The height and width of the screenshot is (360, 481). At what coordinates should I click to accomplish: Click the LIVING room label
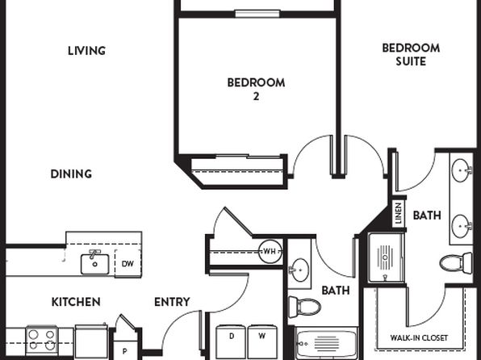(x=87, y=51)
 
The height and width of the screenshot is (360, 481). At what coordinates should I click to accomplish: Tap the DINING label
(x=71, y=174)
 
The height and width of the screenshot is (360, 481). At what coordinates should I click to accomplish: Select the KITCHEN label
(x=76, y=302)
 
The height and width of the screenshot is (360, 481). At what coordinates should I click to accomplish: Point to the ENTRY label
(x=172, y=302)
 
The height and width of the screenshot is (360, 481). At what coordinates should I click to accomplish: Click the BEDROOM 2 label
(x=256, y=90)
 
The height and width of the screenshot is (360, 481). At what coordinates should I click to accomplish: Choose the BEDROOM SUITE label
(x=411, y=55)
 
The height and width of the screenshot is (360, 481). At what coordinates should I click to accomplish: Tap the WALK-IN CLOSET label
(x=419, y=338)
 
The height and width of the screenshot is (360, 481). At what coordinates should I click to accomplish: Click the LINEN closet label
(x=399, y=213)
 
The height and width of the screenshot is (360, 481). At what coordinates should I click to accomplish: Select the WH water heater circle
(x=270, y=252)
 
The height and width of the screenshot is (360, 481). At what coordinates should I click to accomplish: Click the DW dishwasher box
(x=128, y=264)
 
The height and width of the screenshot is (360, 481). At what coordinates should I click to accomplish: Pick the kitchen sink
(x=94, y=263)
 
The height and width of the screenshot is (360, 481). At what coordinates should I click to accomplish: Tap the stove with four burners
(x=42, y=341)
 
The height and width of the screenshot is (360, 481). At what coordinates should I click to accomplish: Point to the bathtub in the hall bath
(x=326, y=343)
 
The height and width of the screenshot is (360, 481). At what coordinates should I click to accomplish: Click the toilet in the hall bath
(x=304, y=307)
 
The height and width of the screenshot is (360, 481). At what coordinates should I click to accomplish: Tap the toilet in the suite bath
(x=456, y=263)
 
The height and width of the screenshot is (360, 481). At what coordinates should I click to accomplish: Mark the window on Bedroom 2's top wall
(x=257, y=14)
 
